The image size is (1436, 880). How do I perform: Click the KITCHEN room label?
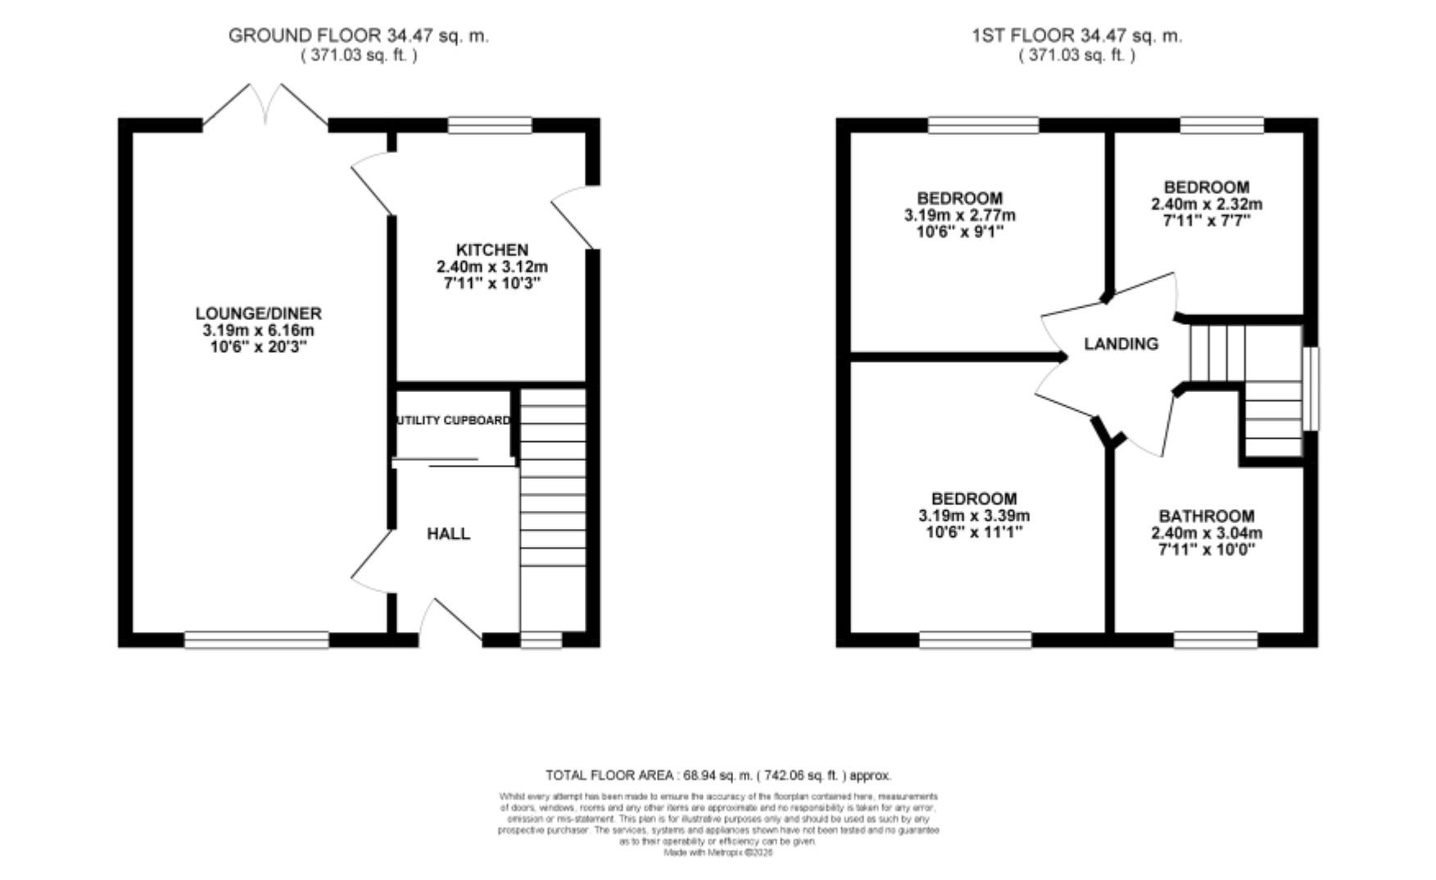[x=492, y=250]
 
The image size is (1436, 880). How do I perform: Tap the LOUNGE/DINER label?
[x=258, y=314]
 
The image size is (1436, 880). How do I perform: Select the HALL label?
[x=448, y=534]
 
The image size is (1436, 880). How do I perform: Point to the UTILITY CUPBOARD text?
[x=453, y=421]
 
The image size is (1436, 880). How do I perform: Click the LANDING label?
[x=1121, y=344]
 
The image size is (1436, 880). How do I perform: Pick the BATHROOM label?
[x=1206, y=516]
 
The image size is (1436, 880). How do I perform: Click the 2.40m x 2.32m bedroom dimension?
[x=1207, y=204]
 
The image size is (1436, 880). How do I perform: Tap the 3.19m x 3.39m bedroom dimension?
[x=974, y=516]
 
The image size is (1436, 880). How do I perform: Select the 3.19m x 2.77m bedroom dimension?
[x=959, y=215]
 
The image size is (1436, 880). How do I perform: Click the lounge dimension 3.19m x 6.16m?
[x=258, y=331]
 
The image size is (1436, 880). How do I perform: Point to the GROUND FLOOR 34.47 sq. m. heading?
[x=358, y=35]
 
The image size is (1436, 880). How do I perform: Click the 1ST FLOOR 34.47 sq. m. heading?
[x=1076, y=35]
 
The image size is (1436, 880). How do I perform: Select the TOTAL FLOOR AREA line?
[x=718, y=775]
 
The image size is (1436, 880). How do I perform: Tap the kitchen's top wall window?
[x=490, y=125]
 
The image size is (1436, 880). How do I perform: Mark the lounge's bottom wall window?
[x=256, y=639]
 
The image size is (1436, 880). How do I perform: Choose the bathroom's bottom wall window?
[x=1216, y=639]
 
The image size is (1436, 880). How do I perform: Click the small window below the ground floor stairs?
[x=541, y=639]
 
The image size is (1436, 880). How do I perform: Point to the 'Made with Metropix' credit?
[x=718, y=852]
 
